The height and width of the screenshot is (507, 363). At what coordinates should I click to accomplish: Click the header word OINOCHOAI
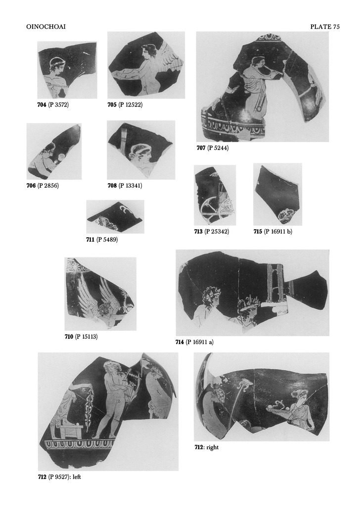point(46,27)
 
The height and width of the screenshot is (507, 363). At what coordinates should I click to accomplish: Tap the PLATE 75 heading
point(325,27)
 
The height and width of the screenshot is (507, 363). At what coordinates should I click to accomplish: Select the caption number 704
point(42,104)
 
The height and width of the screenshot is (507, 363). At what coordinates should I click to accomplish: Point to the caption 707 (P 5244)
point(213,148)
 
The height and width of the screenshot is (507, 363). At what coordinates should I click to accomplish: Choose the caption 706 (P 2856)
point(43,186)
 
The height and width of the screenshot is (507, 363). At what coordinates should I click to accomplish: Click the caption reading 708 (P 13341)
point(125,186)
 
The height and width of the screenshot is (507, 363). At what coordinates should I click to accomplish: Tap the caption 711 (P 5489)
point(102,240)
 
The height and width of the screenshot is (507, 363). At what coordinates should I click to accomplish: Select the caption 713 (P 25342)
point(212,232)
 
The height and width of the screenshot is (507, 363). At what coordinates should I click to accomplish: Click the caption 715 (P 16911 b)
point(273,232)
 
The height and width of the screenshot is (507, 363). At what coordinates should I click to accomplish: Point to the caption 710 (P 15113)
point(81,337)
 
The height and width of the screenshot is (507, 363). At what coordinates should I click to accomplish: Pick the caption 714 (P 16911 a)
point(194,342)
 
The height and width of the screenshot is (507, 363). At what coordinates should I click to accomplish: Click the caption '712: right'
point(206,447)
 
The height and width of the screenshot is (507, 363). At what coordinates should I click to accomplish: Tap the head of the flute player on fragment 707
point(257,63)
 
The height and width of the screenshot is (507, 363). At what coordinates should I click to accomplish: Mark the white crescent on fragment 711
point(124,209)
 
